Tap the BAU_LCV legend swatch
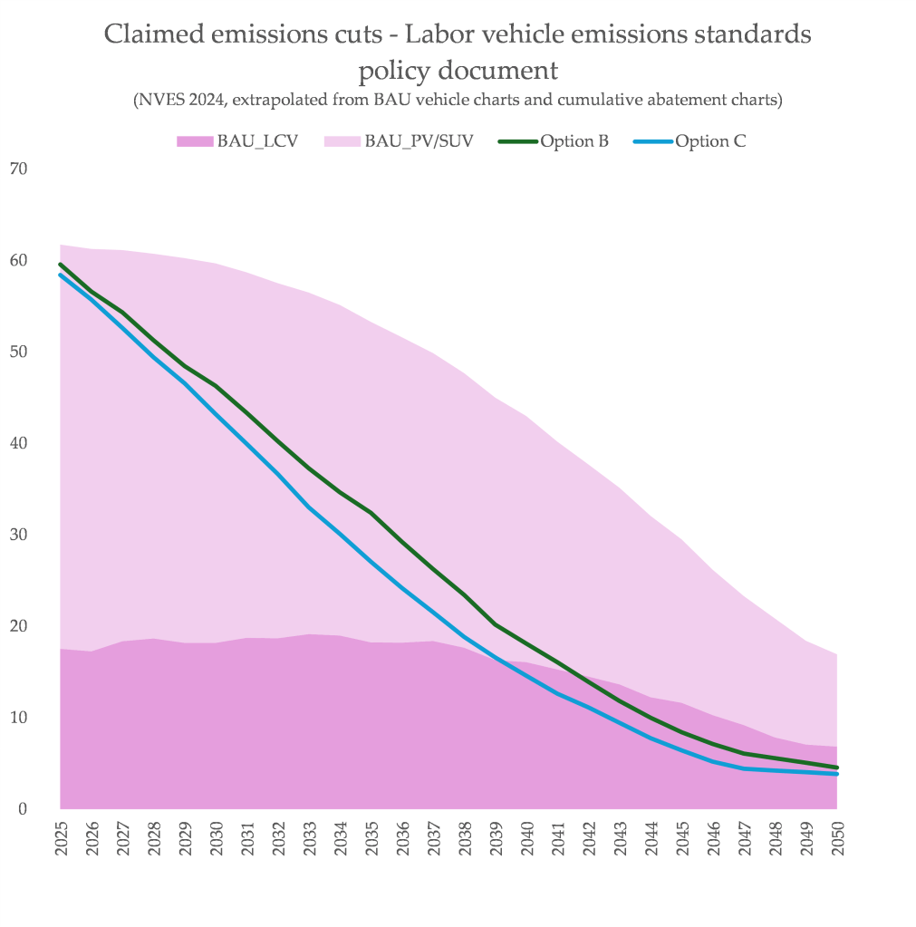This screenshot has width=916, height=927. [194, 141]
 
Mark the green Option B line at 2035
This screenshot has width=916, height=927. [371, 513]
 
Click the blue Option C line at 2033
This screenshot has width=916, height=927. [309, 507]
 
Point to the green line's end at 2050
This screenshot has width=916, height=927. [836, 768]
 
